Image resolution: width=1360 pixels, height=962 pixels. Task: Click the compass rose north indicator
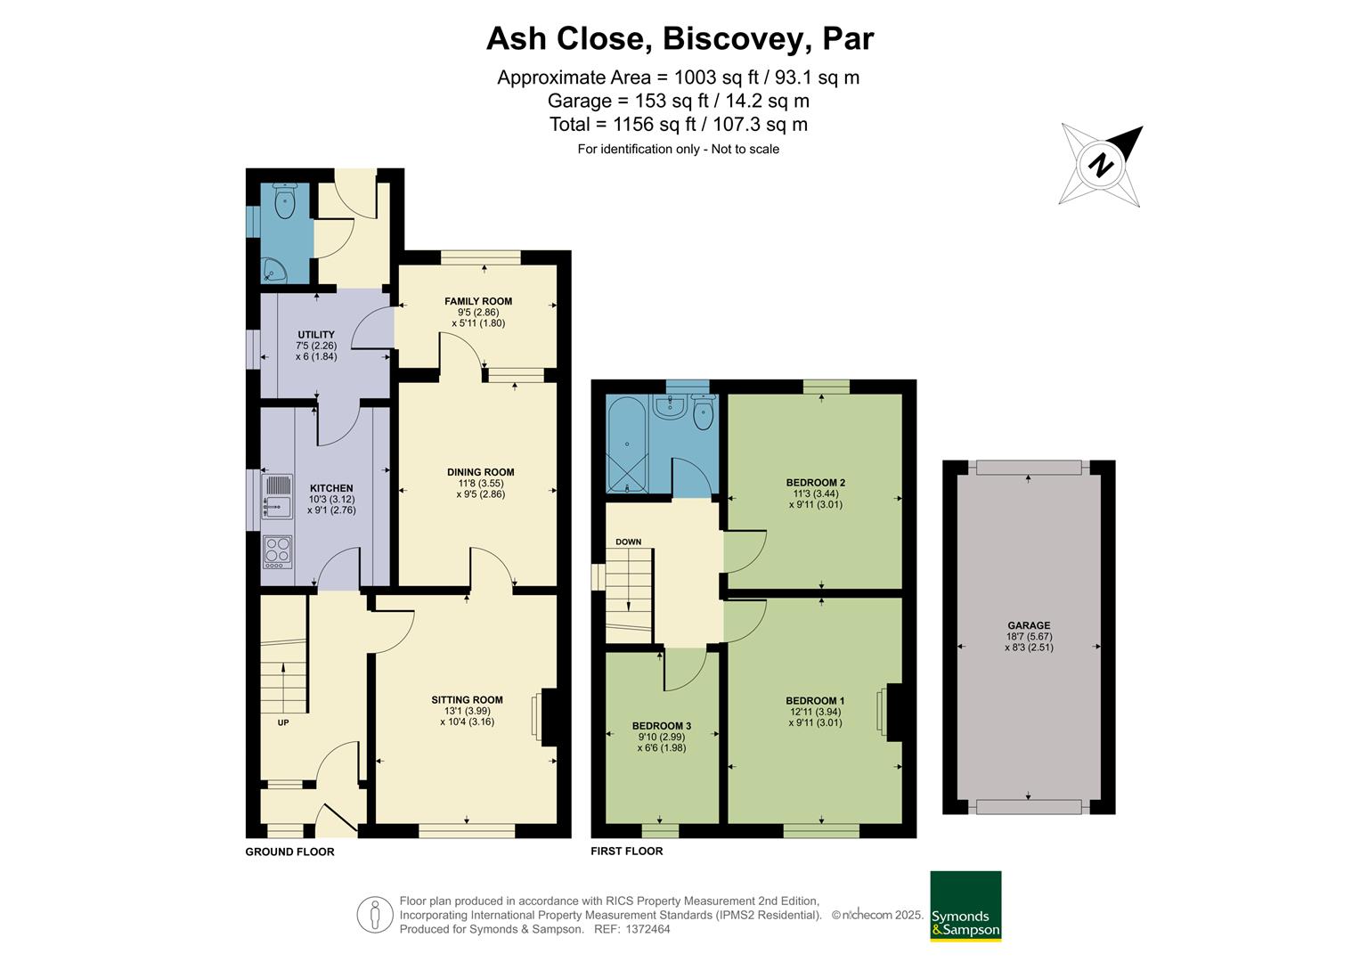1103,166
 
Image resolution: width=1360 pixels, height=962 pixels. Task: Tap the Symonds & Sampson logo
965,905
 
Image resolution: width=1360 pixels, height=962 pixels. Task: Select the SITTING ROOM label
467,699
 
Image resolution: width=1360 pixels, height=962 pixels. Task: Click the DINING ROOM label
480,472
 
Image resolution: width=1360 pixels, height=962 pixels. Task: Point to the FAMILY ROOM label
478,301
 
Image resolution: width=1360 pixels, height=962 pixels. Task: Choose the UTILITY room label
316,335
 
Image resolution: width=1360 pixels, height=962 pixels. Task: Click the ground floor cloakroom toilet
285,202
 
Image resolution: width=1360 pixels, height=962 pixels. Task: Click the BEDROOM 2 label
815,483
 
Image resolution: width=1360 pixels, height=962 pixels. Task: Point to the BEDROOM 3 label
661,726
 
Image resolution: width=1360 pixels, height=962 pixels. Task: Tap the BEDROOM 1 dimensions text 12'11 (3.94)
815,712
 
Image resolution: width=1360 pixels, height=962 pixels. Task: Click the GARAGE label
1029,625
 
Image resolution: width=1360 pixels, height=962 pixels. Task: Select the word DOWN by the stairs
628,542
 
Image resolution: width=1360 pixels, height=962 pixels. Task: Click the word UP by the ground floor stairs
283,722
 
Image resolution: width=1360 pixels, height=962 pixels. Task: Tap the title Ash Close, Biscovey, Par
680,38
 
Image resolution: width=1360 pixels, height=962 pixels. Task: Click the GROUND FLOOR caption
289,852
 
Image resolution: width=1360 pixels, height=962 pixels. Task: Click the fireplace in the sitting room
547,716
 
